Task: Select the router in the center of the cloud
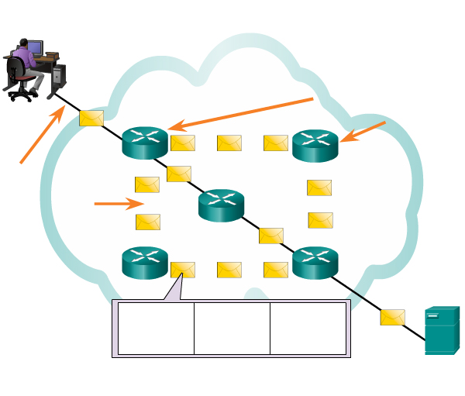click(221, 205)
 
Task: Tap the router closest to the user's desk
click(145, 142)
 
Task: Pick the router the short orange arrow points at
click(315, 145)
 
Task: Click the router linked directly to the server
click(315, 263)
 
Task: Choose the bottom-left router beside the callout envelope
click(145, 263)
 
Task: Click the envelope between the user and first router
click(92, 118)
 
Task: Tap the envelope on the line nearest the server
click(393, 317)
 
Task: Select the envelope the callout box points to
click(183, 270)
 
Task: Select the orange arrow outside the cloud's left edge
click(41, 136)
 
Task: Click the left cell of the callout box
click(155, 328)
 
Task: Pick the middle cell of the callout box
click(231, 328)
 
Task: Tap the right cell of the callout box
click(307, 328)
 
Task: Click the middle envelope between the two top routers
click(229, 143)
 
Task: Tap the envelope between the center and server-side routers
click(270, 236)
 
